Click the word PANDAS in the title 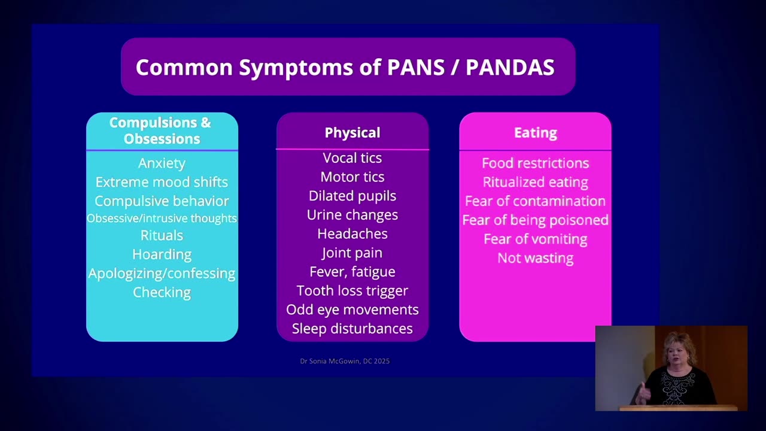(x=510, y=67)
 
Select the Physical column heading (x=352, y=133)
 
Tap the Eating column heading (x=536, y=132)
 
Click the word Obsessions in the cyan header (x=162, y=139)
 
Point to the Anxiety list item (x=162, y=163)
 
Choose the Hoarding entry (x=162, y=254)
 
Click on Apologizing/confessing (x=162, y=274)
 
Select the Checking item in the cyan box (x=162, y=293)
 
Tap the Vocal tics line (x=352, y=158)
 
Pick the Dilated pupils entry (x=352, y=196)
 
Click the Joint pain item (x=352, y=253)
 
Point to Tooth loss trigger (x=352, y=291)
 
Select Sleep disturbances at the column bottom (x=352, y=329)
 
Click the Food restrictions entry (x=536, y=163)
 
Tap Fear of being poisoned (x=536, y=220)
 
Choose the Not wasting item (x=536, y=258)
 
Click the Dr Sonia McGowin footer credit (x=345, y=361)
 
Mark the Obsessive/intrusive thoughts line (x=162, y=218)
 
